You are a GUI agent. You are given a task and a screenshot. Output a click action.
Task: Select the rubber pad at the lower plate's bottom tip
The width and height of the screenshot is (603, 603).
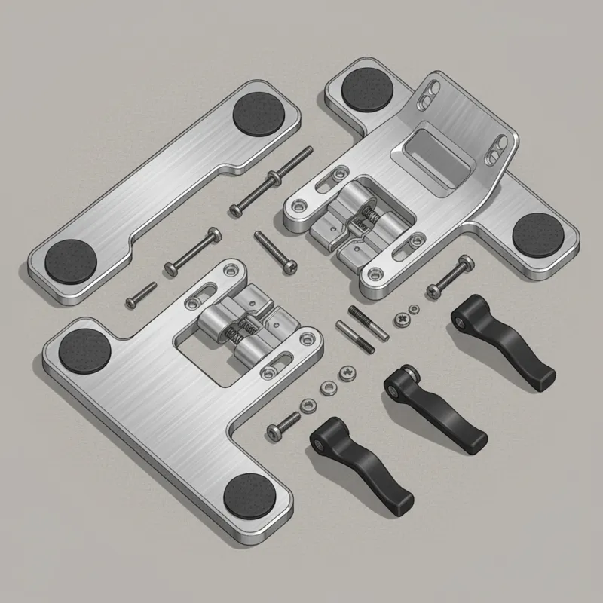pyautogui.click(x=250, y=494)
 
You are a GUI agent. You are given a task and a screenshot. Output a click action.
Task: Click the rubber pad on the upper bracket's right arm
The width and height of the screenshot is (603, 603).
pyautogui.click(x=536, y=233)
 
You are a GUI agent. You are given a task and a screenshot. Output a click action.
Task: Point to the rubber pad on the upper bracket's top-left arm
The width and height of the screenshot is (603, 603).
pyautogui.click(x=366, y=90)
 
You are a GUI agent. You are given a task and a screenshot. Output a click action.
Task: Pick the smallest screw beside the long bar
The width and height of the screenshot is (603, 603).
pyautogui.click(x=140, y=294)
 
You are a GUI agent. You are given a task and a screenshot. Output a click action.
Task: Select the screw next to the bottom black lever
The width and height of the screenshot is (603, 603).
pyautogui.click(x=283, y=424)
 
